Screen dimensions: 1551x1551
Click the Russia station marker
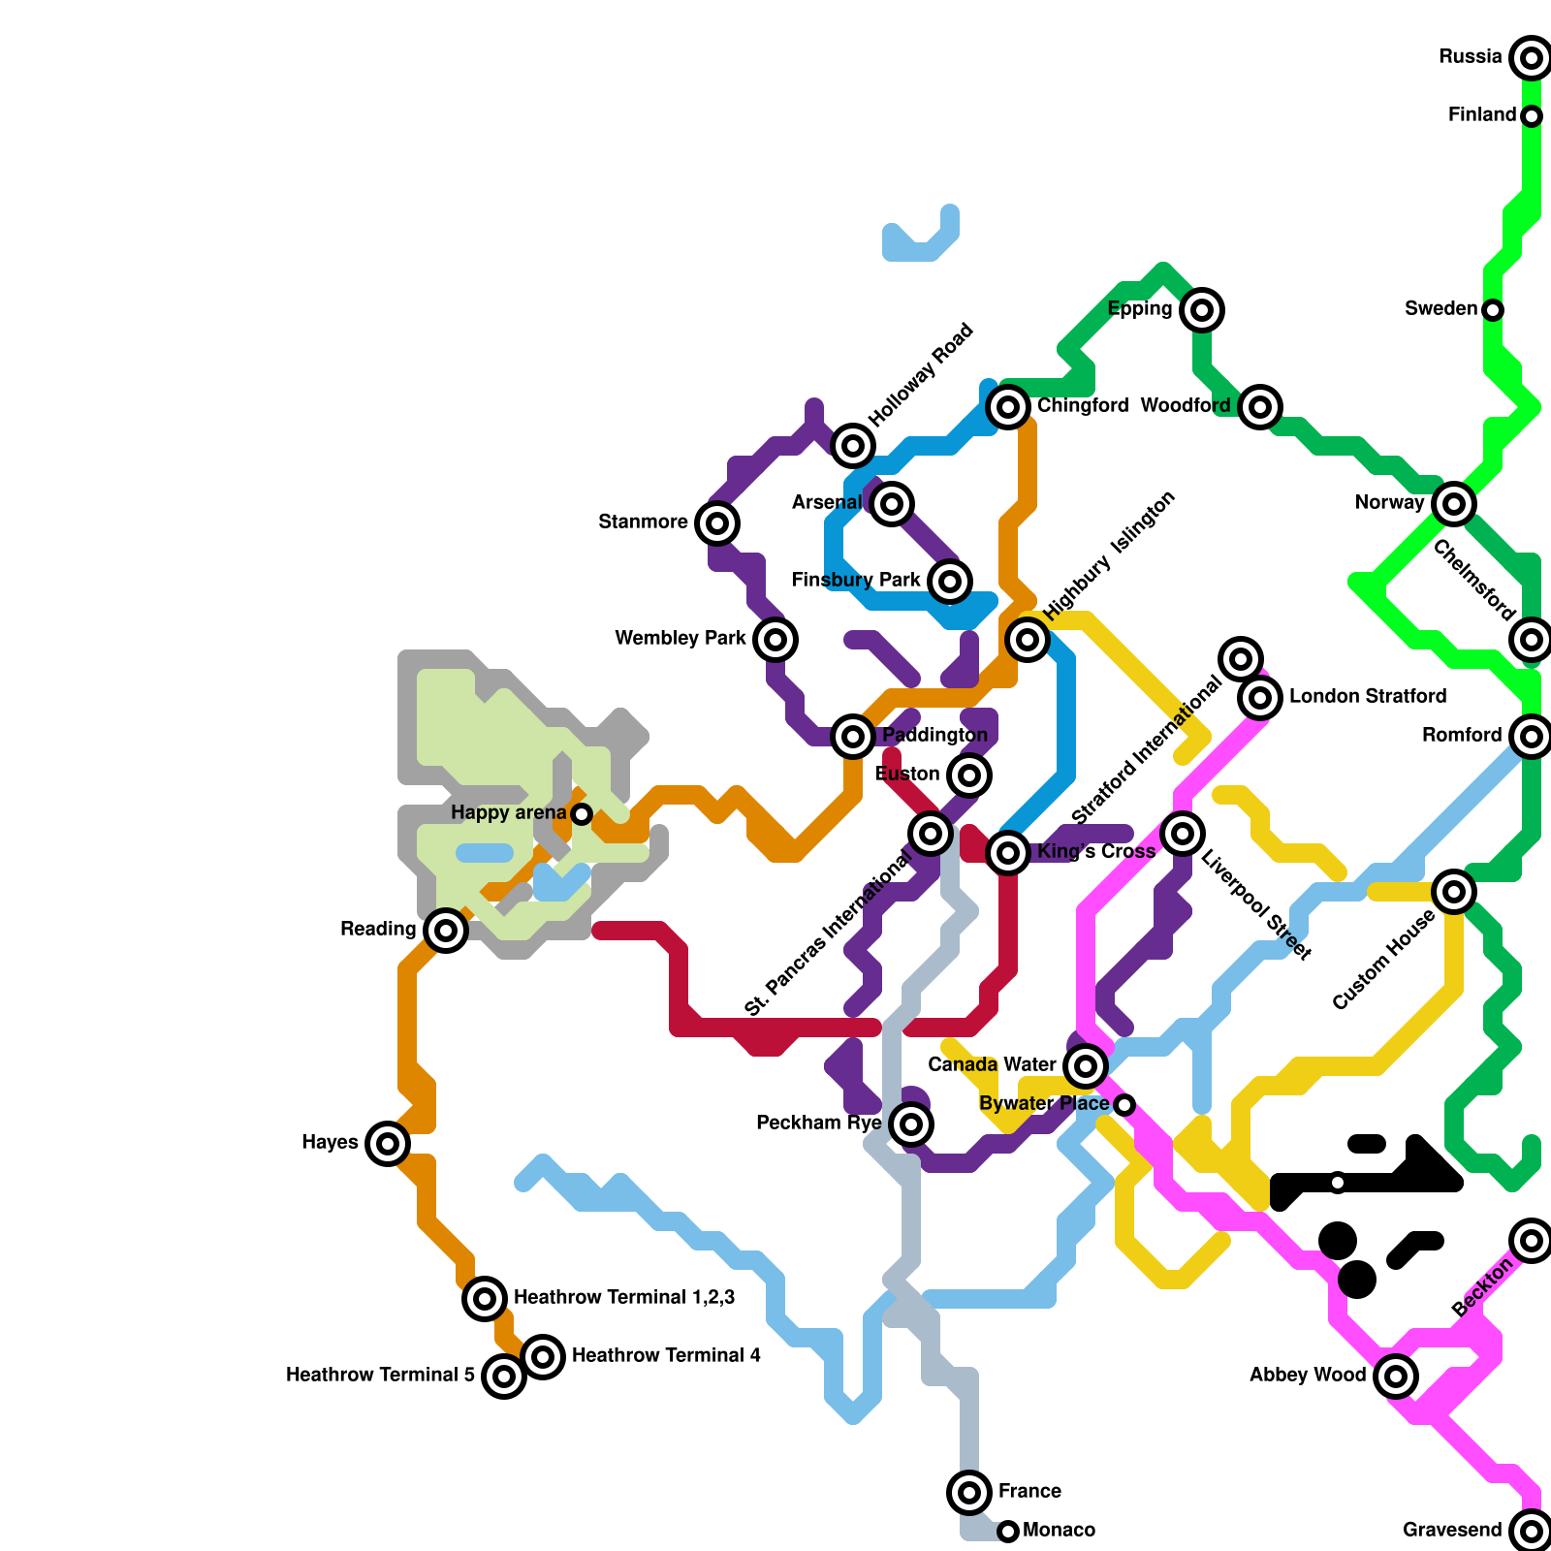tap(1531, 58)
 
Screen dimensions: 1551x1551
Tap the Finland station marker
tap(1531, 116)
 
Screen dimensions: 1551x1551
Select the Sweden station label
tap(1440, 309)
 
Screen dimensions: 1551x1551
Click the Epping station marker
tap(1201, 310)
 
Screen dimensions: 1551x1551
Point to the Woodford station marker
tap(1259, 407)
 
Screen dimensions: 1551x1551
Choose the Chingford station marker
tap(1008, 407)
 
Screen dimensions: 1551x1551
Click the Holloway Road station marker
tap(852, 446)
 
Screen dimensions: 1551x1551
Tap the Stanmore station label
tap(643, 522)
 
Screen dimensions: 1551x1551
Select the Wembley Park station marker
tap(775, 640)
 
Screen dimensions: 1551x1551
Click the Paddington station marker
tap(852, 737)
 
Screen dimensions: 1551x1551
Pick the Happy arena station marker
tap(581, 814)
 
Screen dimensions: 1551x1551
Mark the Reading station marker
tap(445, 931)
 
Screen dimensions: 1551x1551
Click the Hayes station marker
tap(387, 1144)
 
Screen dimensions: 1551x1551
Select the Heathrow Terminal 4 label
tap(666, 1356)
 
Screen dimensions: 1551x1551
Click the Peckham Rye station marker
tap(910, 1124)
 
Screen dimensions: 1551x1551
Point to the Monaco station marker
tap(1008, 1532)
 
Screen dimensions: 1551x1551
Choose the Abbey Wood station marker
tap(1395, 1376)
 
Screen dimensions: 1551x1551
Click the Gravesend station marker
tap(1531, 1532)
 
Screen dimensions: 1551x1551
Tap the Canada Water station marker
tap(1085, 1066)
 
